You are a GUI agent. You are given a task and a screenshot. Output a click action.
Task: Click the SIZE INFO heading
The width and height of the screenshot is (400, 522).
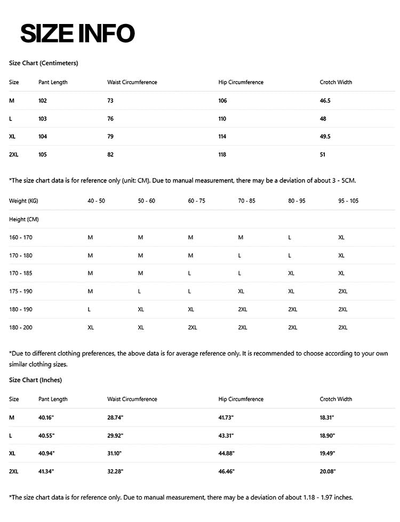pyautogui.click(x=77, y=34)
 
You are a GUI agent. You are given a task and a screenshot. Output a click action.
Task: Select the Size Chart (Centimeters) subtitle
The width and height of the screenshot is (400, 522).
pyautogui.click(x=44, y=63)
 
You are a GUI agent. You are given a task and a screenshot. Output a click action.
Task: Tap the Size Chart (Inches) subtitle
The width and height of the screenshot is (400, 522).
pyautogui.click(x=35, y=380)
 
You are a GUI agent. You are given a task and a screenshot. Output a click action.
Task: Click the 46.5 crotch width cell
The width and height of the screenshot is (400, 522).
pyautogui.click(x=325, y=100)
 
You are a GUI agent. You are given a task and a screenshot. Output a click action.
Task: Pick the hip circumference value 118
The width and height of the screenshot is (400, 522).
pyautogui.click(x=222, y=155)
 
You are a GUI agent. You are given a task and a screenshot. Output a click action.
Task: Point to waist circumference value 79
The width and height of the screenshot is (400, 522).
pyautogui.click(x=110, y=136)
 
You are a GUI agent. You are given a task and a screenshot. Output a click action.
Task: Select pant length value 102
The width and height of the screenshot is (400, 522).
pyautogui.click(x=43, y=100)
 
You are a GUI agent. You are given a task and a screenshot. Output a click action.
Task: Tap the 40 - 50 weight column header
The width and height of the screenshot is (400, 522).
pyautogui.click(x=97, y=201)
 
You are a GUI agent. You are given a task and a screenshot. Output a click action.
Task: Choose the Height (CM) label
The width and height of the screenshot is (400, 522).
pyautogui.click(x=24, y=219)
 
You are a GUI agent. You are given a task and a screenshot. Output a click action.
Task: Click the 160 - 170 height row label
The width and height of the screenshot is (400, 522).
pyautogui.click(x=21, y=237)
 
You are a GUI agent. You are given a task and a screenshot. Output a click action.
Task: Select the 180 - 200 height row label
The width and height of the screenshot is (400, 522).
pyautogui.click(x=21, y=327)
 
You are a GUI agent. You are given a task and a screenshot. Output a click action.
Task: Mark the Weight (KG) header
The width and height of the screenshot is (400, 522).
pyautogui.click(x=23, y=201)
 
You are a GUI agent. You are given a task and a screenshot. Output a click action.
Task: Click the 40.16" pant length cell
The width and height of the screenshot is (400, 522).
pyautogui.click(x=46, y=417)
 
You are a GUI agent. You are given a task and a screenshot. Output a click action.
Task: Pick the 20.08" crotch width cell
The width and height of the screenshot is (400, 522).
pyautogui.click(x=327, y=471)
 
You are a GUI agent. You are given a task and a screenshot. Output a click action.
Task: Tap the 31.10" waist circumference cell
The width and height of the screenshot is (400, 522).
pyautogui.click(x=115, y=453)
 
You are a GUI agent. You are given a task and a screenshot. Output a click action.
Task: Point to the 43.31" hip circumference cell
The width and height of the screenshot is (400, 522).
pyautogui.click(x=227, y=435)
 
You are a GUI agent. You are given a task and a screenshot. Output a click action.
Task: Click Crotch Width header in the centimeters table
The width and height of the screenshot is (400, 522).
pyautogui.click(x=336, y=82)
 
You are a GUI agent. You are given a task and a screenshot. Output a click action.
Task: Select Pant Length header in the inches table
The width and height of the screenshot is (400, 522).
pyautogui.click(x=53, y=399)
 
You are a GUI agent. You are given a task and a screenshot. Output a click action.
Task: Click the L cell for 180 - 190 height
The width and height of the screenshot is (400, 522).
pyautogui.click(x=89, y=309)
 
